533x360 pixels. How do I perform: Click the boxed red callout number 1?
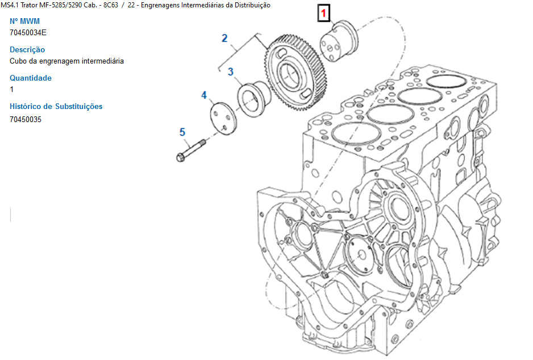click(x=324, y=13)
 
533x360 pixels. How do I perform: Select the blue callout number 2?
click(x=224, y=38)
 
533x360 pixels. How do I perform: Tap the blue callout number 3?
click(x=231, y=72)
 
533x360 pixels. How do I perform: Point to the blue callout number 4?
click(x=204, y=95)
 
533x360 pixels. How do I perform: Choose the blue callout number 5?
click(x=182, y=132)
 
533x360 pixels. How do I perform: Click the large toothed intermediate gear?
click(x=295, y=73)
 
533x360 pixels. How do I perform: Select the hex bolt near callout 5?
click(x=191, y=150)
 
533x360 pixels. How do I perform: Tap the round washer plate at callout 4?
click(x=223, y=118)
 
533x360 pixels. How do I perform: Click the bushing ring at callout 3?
click(x=253, y=99)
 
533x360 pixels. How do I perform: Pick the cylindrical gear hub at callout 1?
click(x=339, y=41)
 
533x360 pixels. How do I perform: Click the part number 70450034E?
click(x=28, y=32)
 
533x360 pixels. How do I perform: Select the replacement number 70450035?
click(x=26, y=120)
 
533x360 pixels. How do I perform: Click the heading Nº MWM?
click(x=24, y=21)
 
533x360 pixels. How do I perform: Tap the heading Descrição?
click(x=27, y=49)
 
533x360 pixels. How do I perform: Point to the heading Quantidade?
click(x=31, y=78)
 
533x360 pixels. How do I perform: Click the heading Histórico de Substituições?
click(x=56, y=106)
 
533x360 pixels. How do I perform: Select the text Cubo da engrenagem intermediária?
click(x=66, y=61)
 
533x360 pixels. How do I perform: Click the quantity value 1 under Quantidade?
click(x=11, y=89)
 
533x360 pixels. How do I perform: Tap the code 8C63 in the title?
click(x=110, y=5)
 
